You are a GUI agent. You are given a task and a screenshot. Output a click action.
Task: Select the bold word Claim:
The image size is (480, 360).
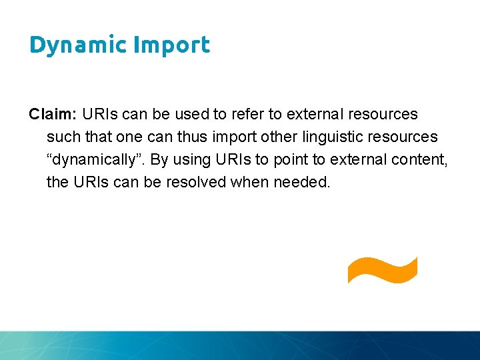(53, 114)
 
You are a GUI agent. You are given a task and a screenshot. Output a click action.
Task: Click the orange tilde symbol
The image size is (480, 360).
(382, 269)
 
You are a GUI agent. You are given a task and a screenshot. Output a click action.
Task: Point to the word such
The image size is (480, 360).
(62, 137)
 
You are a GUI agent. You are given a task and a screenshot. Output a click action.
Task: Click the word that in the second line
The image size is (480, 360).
(95, 137)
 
